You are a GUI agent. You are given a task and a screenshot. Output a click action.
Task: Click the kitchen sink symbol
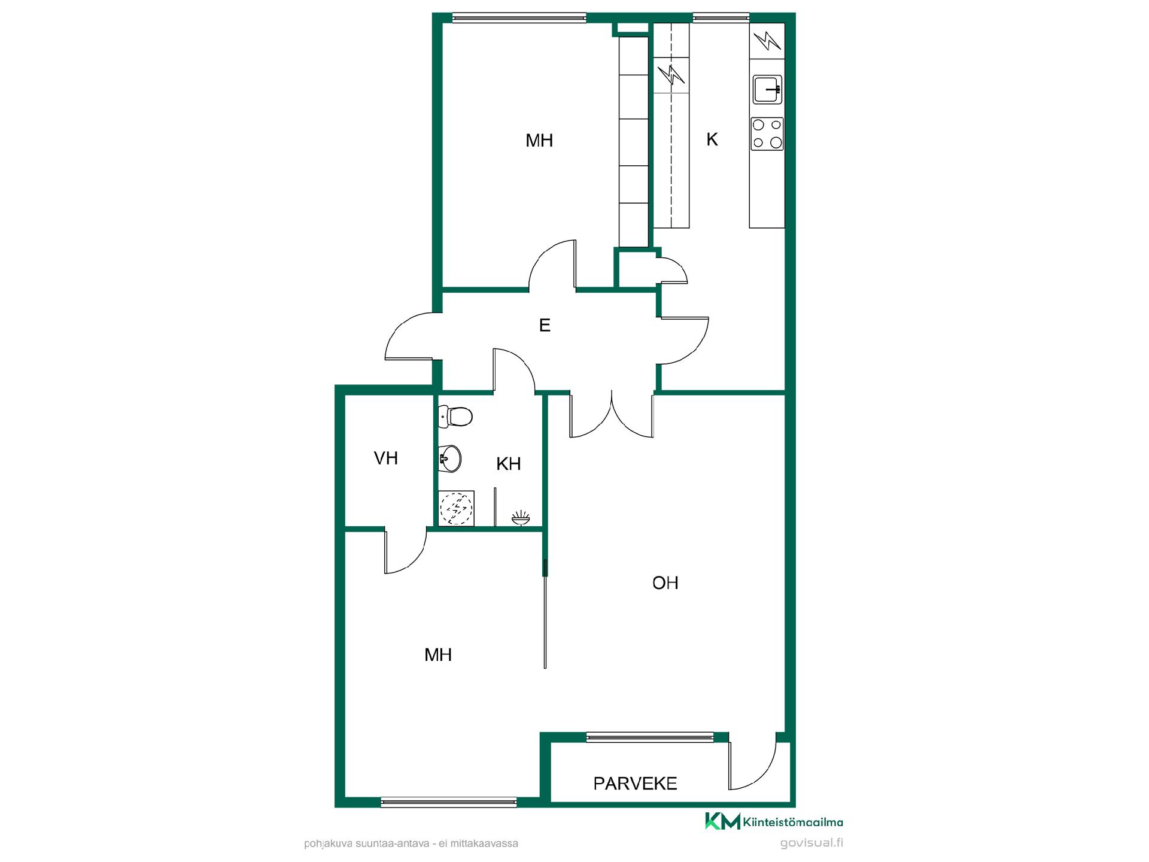pyautogui.click(x=768, y=90)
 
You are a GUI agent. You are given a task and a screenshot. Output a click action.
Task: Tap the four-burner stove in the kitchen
pyautogui.click(x=767, y=133)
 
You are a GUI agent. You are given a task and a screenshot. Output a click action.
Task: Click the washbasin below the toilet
pyautogui.click(x=449, y=459)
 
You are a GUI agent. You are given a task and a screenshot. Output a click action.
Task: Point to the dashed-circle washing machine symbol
pyautogui.click(x=457, y=508)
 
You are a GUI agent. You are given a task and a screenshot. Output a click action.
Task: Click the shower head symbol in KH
pyautogui.click(x=521, y=518)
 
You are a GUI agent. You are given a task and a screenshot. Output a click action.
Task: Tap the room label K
pyautogui.click(x=712, y=139)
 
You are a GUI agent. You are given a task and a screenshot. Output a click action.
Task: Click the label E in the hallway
pyautogui.click(x=545, y=325)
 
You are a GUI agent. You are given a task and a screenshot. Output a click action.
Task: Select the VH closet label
pyautogui.click(x=386, y=458)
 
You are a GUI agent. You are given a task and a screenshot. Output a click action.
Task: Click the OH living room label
pyautogui.click(x=665, y=582)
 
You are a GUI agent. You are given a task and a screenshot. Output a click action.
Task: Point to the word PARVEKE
pyautogui.click(x=636, y=783)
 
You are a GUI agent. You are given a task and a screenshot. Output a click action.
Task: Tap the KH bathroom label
pyautogui.click(x=509, y=463)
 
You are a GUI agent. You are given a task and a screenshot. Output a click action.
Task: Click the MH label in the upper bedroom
pyautogui.click(x=539, y=140)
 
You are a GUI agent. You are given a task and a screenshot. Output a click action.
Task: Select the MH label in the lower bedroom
pyautogui.click(x=438, y=654)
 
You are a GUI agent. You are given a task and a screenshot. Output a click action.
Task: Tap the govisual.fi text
pyautogui.click(x=811, y=843)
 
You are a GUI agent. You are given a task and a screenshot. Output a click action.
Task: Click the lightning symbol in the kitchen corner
pyautogui.click(x=767, y=41)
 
